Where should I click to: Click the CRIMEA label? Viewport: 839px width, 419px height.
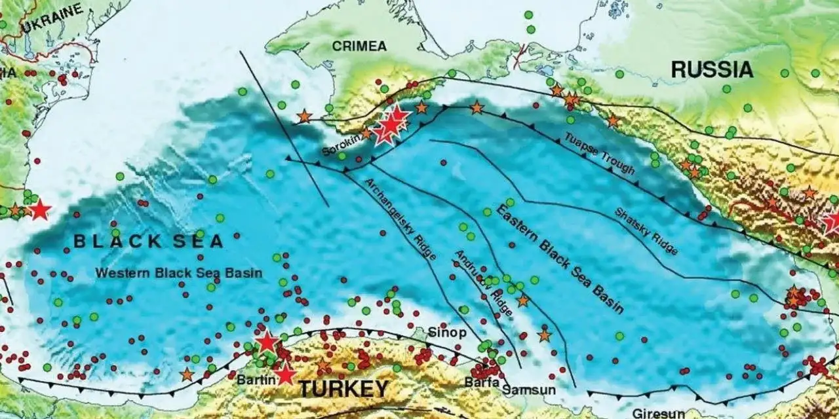tap(359, 46)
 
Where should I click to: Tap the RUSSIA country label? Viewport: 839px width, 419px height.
tap(712, 69)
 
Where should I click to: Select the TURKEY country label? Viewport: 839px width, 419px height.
tap(343, 389)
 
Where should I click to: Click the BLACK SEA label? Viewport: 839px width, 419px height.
tap(148, 241)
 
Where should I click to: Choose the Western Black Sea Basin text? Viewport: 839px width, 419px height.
tap(179, 273)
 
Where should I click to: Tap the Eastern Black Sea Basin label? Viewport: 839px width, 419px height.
tap(560, 259)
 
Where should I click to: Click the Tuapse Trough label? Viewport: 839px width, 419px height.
tap(600, 153)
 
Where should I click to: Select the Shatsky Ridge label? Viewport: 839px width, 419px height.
tap(646, 230)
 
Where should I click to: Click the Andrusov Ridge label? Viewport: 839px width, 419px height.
tap(483, 282)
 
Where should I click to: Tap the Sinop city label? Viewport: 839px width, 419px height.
tap(448, 333)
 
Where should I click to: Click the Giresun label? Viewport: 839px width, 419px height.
tap(659, 413)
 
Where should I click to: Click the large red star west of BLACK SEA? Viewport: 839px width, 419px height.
tap(40, 210)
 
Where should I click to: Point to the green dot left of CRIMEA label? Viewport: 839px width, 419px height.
tap(295, 84)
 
